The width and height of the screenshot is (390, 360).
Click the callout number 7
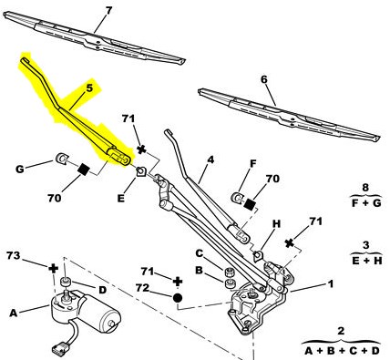108,11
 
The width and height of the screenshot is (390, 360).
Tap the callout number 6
264,80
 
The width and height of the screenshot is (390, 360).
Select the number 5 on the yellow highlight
89,88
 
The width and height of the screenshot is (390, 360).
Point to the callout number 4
210,159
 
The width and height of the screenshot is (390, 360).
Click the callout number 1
331,284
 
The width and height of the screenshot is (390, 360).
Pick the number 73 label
14,255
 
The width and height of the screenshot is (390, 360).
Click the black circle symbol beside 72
178,298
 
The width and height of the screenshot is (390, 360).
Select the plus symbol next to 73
54,268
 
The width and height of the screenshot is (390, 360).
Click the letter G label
19,169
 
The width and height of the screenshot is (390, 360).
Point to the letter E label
121,199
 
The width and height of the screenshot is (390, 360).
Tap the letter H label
276,224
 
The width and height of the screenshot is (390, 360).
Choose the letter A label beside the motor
13,313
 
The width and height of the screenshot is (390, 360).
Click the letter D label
103,290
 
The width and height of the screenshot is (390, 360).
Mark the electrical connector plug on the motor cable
60,348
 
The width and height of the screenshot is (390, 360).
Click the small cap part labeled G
62,159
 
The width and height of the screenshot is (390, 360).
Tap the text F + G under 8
366,203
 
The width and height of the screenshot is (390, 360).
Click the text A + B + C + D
342,351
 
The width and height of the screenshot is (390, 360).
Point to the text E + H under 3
367,261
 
